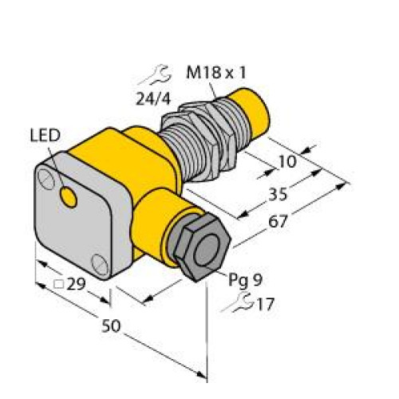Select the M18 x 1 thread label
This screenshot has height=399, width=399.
tap(216, 73)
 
